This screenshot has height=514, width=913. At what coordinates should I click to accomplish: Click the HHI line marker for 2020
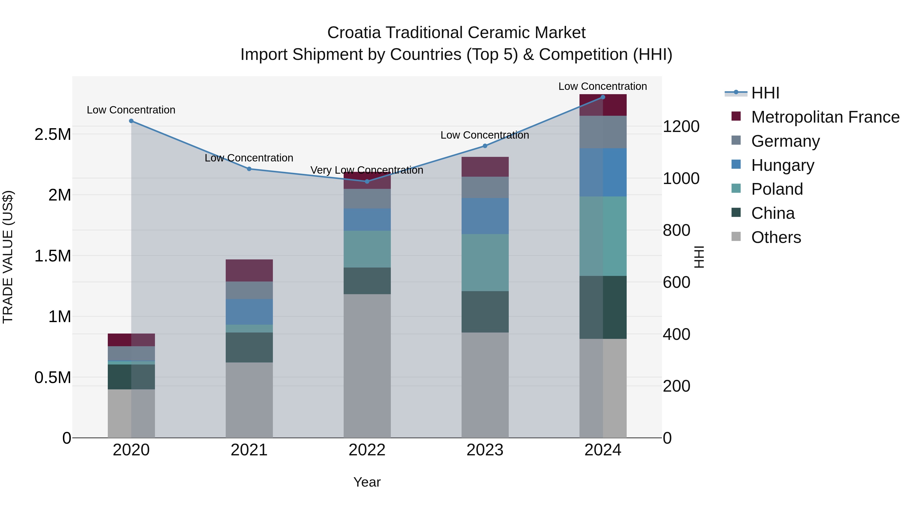(131, 121)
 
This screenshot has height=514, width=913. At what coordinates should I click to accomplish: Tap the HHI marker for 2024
(603, 97)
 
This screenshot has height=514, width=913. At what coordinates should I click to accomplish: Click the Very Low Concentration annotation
(367, 170)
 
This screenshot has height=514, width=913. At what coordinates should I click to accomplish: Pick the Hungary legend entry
(783, 165)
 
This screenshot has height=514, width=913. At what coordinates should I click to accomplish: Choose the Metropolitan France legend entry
(825, 117)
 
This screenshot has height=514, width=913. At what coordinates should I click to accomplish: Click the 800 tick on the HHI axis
(676, 230)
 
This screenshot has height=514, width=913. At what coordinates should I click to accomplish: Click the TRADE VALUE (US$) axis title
(8, 257)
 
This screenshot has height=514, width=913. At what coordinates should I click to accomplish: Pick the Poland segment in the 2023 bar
(485, 262)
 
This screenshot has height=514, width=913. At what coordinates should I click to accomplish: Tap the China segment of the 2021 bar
(249, 347)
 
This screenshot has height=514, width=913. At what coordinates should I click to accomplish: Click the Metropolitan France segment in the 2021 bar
(249, 270)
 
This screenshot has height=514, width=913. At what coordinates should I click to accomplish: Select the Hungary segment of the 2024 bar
(603, 172)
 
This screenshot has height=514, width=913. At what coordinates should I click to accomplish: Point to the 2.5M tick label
(53, 135)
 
